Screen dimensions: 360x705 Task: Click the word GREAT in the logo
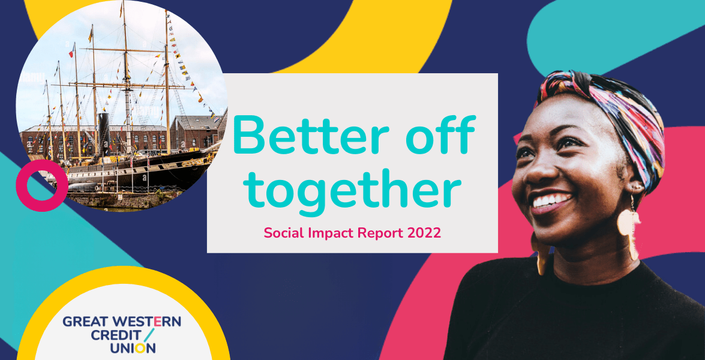pyautogui.click(x=85, y=322)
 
